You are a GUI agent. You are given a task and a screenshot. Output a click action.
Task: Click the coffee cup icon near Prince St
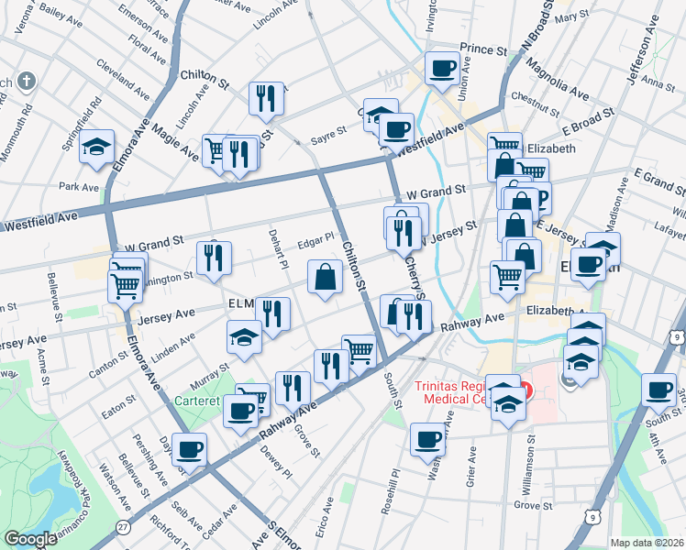(442, 67)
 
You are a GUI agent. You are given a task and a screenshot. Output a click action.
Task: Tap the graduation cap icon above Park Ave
(96, 147)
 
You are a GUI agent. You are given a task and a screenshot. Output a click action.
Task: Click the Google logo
(30, 539)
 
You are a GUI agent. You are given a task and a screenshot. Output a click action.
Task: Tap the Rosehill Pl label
(395, 491)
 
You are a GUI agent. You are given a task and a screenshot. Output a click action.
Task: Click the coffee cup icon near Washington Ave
(428, 438)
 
